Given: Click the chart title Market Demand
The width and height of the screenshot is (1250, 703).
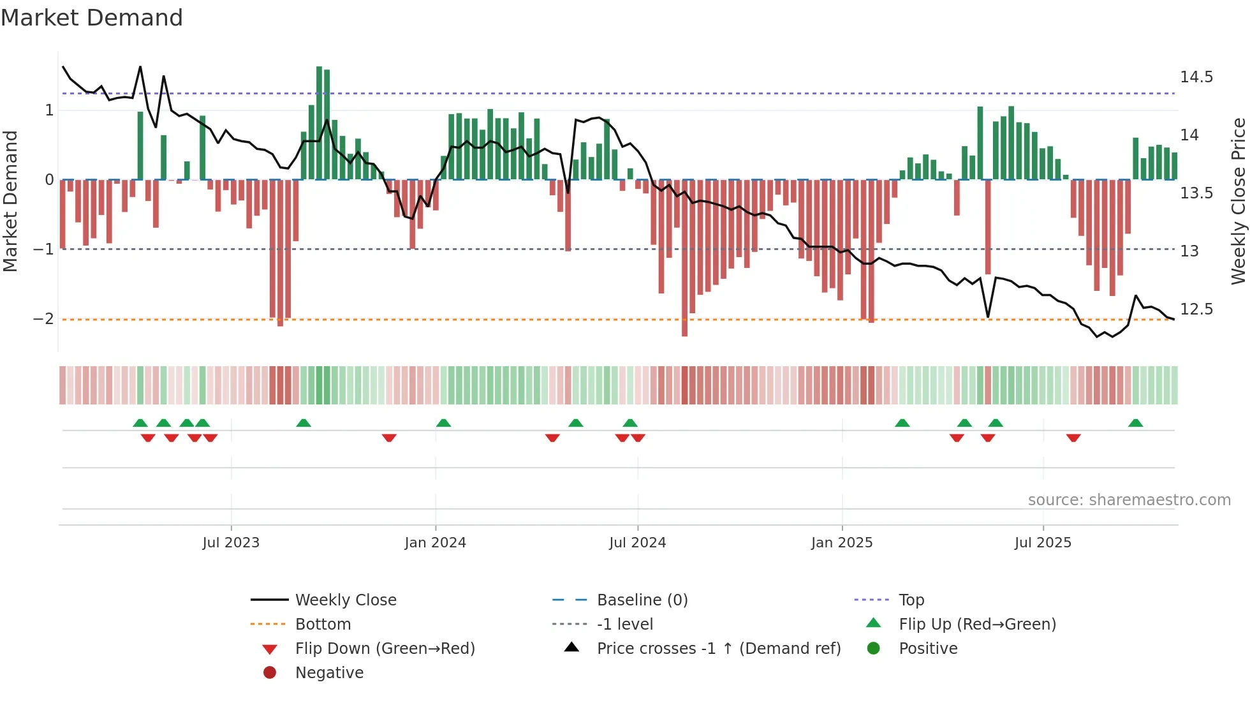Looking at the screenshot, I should (92, 18).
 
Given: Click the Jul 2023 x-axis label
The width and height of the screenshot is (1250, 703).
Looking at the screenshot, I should (231, 543).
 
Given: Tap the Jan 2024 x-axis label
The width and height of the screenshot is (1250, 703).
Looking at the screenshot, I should (435, 543).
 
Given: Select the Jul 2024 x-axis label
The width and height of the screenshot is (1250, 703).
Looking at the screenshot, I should (637, 543).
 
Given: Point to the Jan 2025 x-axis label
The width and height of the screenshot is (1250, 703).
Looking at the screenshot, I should (842, 543).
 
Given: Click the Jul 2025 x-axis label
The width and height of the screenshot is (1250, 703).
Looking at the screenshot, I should (1043, 543).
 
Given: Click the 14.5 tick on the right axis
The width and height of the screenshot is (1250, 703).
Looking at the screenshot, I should (1196, 77).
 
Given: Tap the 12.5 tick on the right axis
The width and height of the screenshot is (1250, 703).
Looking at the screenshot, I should (1196, 309).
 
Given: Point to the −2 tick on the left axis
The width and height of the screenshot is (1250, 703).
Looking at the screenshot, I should (44, 318).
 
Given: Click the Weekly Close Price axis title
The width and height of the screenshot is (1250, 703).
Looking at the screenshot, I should (1238, 201).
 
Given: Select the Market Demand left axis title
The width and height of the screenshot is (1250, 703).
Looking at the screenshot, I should (10, 201).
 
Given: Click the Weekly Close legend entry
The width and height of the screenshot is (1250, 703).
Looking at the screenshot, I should (345, 600).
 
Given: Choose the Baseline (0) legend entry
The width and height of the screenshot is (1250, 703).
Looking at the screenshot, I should (642, 600).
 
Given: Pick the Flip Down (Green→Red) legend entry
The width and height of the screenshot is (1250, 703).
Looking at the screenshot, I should (385, 649).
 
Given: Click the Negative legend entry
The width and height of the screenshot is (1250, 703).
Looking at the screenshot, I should (329, 673).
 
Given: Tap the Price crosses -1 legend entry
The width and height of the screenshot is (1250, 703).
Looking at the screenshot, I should (718, 649).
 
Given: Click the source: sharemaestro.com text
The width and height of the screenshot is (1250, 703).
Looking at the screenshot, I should (1129, 500).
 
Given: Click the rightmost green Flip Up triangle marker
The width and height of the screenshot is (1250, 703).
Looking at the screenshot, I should (1135, 423).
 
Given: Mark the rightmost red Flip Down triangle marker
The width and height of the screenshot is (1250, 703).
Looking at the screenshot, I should (1073, 438).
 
